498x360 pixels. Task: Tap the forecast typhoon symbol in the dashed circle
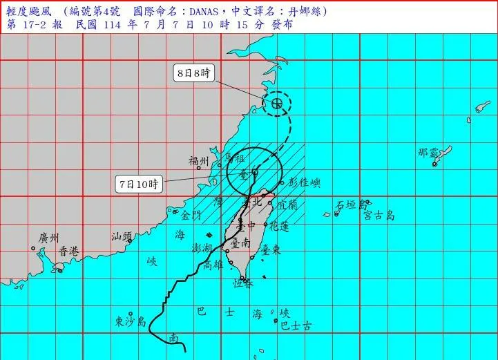click(276, 104)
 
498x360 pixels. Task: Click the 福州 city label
click(199, 160)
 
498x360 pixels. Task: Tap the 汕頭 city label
click(122, 237)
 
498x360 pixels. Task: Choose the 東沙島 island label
click(131, 321)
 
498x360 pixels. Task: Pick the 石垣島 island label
click(350, 205)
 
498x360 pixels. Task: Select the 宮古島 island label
click(380, 216)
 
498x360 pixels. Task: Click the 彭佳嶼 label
click(305, 183)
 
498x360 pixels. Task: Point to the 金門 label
click(191, 215)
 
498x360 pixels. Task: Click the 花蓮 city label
click(278, 226)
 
